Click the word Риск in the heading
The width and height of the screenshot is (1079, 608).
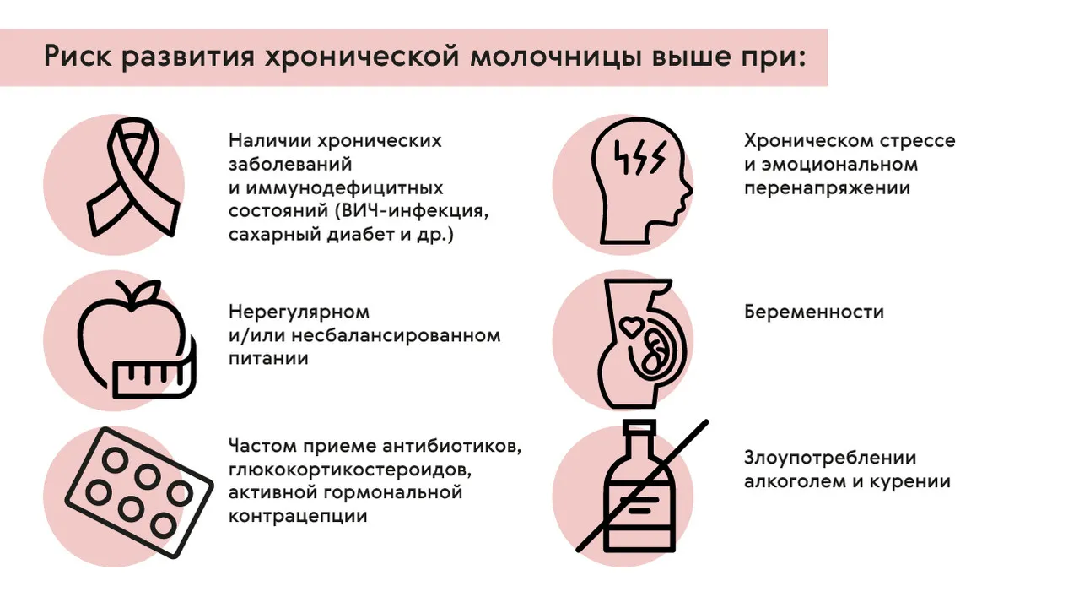(x=78, y=57)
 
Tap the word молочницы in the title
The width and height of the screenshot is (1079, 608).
(x=555, y=57)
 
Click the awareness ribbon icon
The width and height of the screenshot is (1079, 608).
(x=133, y=177)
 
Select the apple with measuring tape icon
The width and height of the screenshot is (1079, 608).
(x=137, y=339)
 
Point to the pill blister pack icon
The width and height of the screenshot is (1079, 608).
(x=139, y=492)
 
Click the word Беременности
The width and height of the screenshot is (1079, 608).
(x=814, y=312)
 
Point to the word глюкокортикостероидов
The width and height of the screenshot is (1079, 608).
(x=350, y=470)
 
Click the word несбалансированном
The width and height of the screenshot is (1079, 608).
(x=396, y=335)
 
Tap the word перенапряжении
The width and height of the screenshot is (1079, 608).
(x=827, y=188)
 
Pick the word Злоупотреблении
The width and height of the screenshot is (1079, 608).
(x=830, y=458)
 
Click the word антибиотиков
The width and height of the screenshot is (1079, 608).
(x=452, y=447)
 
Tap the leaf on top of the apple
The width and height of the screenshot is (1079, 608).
(x=148, y=290)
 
